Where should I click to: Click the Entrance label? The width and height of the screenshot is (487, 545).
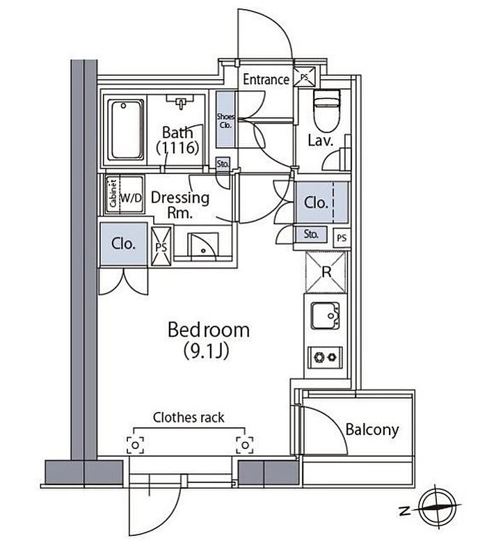tap(266, 79)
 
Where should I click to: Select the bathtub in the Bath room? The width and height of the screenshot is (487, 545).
tap(125, 129)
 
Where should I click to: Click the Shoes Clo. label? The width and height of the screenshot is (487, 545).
tap(225, 120)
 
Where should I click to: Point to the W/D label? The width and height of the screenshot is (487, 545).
tap(131, 198)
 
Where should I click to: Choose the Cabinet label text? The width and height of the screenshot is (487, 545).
tap(113, 193)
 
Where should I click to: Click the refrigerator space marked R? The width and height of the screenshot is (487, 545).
tap(326, 272)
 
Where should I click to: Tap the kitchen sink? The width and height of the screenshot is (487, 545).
tap(325, 315)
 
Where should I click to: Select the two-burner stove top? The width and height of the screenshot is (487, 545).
tap(325, 357)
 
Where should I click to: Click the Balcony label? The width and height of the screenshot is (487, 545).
tap(372, 430)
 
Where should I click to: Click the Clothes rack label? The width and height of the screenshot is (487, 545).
tap(189, 418)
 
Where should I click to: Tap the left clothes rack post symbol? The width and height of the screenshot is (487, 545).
tap(135, 445)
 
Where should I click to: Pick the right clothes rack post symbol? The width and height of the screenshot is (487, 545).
tap(245, 445)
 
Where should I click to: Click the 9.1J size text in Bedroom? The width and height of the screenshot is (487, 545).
tap(207, 351)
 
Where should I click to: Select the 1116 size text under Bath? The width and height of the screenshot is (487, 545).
tap(177, 148)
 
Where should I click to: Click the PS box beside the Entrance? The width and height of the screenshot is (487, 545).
tap(305, 77)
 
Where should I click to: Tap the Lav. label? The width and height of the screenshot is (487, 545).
tap(321, 141)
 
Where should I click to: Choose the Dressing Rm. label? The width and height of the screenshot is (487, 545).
tap(180, 205)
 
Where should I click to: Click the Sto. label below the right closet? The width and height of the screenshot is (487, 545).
tap(311, 235)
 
